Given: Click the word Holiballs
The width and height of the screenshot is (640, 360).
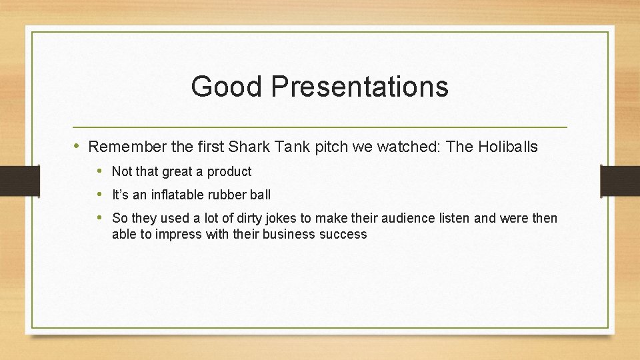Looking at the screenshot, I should click(508, 147).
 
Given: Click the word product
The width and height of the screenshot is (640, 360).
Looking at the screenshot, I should click(229, 171).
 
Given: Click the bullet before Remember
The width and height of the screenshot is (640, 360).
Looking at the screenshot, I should click(77, 146).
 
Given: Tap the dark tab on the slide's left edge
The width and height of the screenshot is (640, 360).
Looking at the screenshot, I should click(19, 180).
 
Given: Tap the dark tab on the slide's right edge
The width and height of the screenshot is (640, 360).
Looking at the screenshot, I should click(620, 180).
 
